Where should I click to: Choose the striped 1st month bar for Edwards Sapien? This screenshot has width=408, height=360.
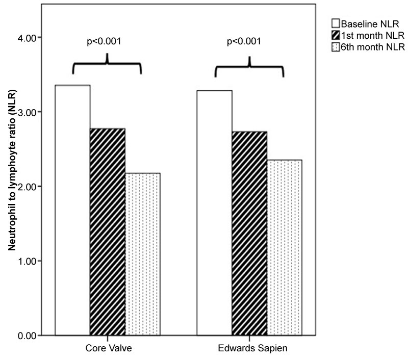[x=249, y=234]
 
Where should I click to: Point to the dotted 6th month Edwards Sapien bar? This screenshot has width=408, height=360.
[x=284, y=247]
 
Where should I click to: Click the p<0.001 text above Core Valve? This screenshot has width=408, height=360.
[x=107, y=41]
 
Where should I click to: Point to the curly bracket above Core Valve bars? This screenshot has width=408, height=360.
[x=107, y=65]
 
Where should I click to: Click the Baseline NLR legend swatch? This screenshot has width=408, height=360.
[x=336, y=23]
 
